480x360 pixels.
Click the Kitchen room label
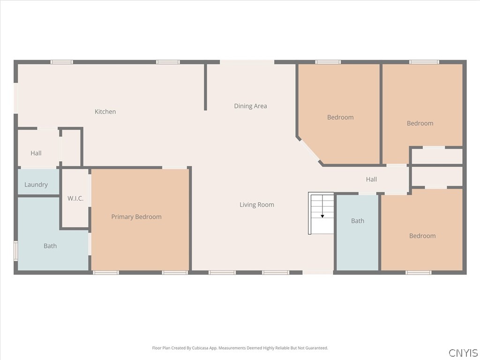[x=105, y=112]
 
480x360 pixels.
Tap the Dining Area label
[x=250, y=106]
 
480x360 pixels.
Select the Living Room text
[x=256, y=205]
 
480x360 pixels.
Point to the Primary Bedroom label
[x=136, y=217]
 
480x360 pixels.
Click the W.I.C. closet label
[x=75, y=198]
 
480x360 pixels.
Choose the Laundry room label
[x=36, y=185]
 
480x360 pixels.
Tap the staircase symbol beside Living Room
[x=321, y=213]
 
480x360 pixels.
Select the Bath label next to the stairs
[x=358, y=221]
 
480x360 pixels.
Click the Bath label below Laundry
[x=50, y=246]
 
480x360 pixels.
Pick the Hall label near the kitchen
[x=36, y=153]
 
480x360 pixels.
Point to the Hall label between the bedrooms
[x=371, y=179]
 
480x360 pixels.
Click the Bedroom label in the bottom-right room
[x=422, y=236]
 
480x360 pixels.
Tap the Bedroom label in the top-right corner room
[x=420, y=123]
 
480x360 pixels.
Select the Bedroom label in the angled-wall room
[x=340, y=117]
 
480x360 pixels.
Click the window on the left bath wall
[x=15, y=251]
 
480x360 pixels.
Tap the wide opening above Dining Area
[x=247, y=62]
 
